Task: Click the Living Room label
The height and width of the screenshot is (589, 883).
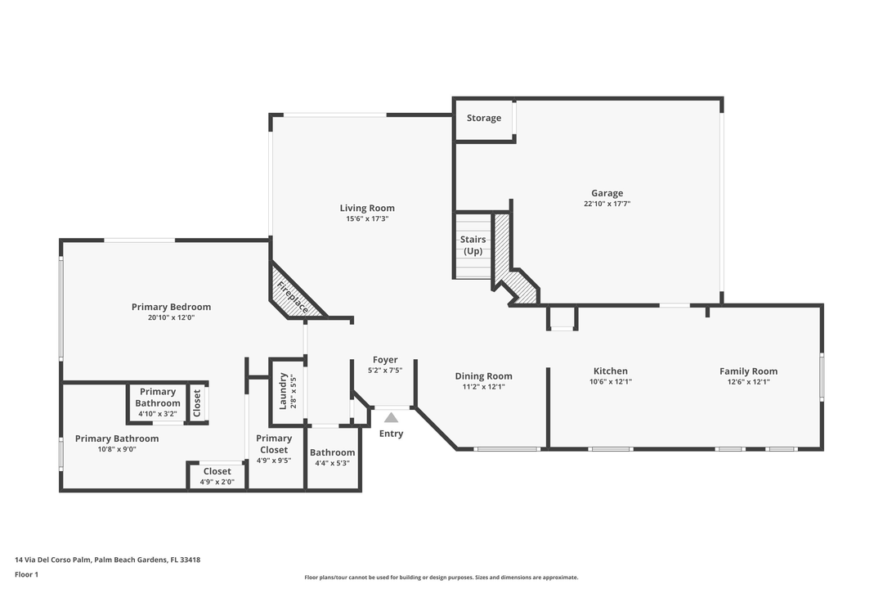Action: click(x=367, y=208)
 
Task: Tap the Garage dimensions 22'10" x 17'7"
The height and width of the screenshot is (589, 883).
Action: click(x=607, y=204)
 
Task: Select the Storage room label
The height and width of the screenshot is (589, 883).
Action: click(x=484, y=118)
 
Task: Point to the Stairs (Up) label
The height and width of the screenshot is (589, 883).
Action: click(x=473, y=245)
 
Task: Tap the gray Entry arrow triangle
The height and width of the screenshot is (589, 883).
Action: click(x=392, y=417)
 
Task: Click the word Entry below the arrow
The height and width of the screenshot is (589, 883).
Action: click(x=391, y=434)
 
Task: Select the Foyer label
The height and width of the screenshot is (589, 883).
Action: click(x=385, y=360)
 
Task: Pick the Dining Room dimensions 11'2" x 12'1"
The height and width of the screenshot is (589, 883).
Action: click(x=483, y=387)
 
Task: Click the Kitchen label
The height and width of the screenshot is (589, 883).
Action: click(x=611, y=371)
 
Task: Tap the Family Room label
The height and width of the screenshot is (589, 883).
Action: click(x=748, y=371)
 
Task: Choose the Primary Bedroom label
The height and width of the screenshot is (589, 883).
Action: click(x=171, y=307)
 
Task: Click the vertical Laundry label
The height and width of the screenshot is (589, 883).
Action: click(x=284, y=391)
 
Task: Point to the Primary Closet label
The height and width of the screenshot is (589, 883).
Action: click(x=273, y=444)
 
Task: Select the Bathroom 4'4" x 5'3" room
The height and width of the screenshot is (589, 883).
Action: click(x=333, y=457)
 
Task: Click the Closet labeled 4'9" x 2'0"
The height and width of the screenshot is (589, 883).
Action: click(x=217, y=476)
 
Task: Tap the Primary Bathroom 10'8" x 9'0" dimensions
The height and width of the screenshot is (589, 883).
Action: click(x=117, y=449)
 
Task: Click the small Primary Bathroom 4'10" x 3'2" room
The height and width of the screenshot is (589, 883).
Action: click(x=157, y=402)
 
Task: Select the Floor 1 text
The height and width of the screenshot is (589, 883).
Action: click(x=26, y=574)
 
